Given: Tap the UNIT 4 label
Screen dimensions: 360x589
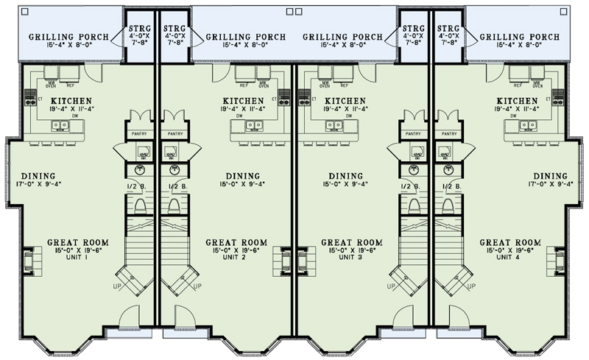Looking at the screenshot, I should point(510,258).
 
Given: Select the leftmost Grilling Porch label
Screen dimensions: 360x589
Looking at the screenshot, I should point(69,37).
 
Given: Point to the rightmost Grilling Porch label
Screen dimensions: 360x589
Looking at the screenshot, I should point(518,37).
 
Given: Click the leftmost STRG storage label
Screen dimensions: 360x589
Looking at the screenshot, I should point(136,27).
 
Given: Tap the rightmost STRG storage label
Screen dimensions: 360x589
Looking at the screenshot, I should point(449,27).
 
